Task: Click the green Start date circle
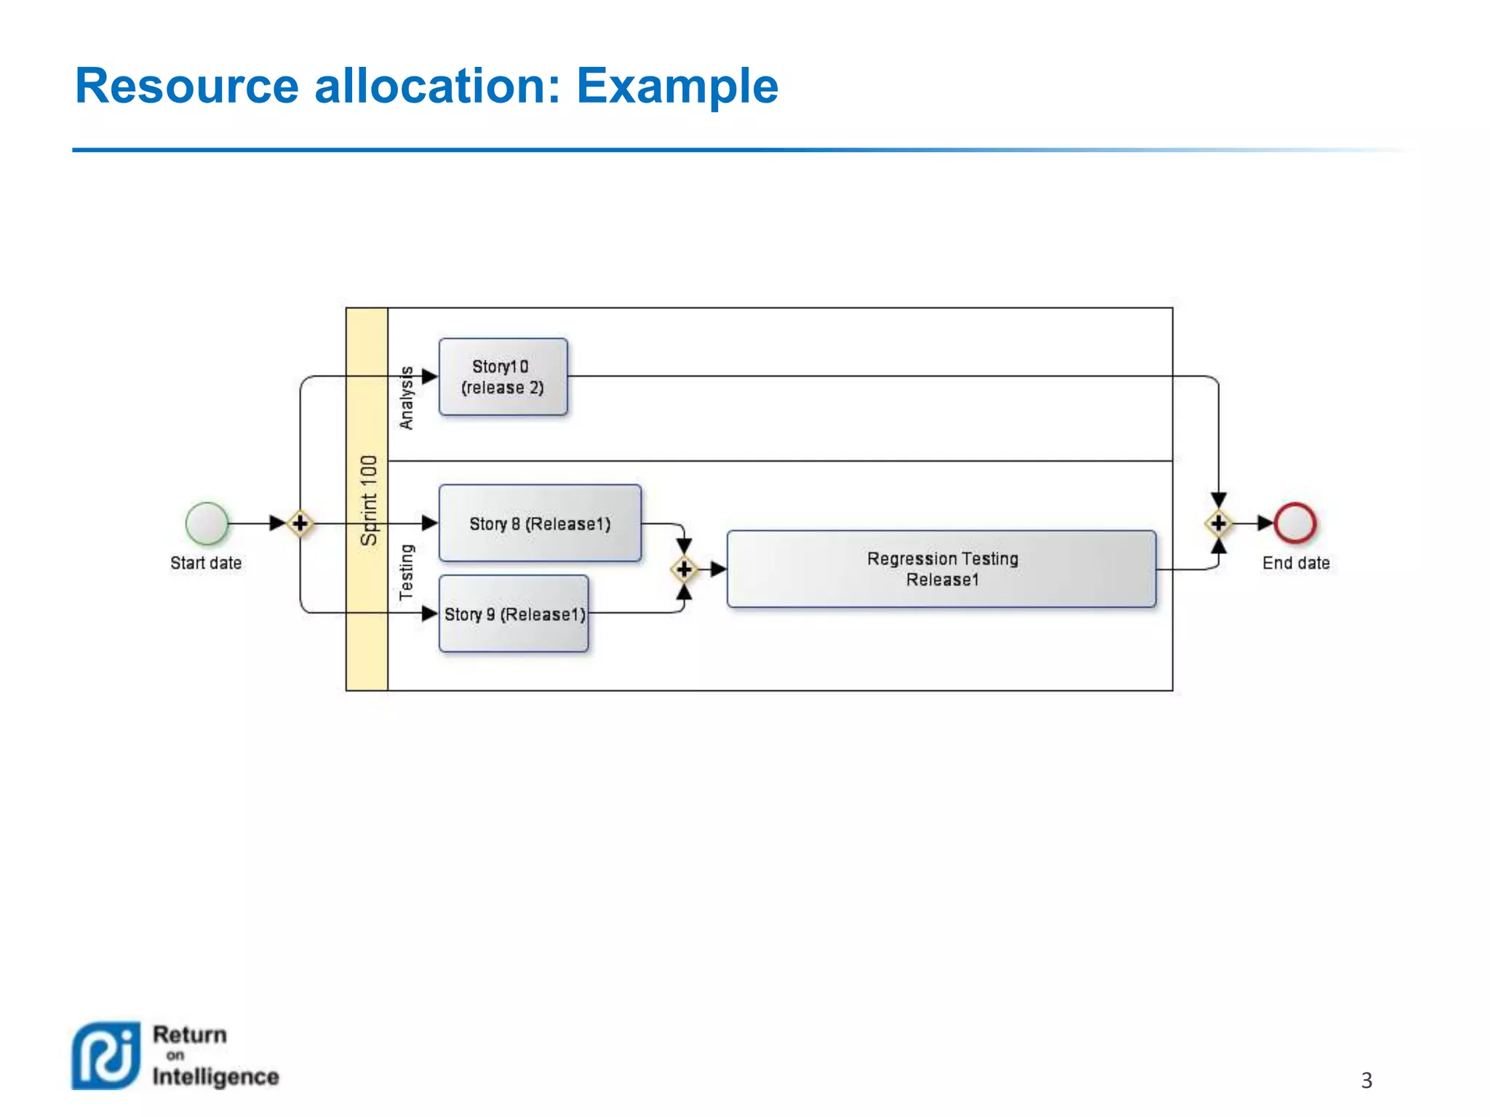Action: point(207,523)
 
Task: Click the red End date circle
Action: point(1295,523)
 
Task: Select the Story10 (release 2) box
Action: point(503,377)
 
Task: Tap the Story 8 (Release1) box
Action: point(540,523)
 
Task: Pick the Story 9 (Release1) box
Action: point(514,614)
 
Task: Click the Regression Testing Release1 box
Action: point(941,569)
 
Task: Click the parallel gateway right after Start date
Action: point(300,523)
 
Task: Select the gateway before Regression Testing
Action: point(684,569)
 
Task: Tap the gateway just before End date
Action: point(1219,523)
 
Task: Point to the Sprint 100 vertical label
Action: point(369,500)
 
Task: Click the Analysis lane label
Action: point(407,398)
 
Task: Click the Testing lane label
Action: point(407,572)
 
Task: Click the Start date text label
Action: point(206,563)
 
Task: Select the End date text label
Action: point(1296,563)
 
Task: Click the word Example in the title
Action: point(677,86)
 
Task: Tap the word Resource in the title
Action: point(187,86)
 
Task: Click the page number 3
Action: point(1366,1080)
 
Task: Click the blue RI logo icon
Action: point(106,1055)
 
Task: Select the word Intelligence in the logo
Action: point(215,1076)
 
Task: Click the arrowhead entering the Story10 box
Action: point(430,377)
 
